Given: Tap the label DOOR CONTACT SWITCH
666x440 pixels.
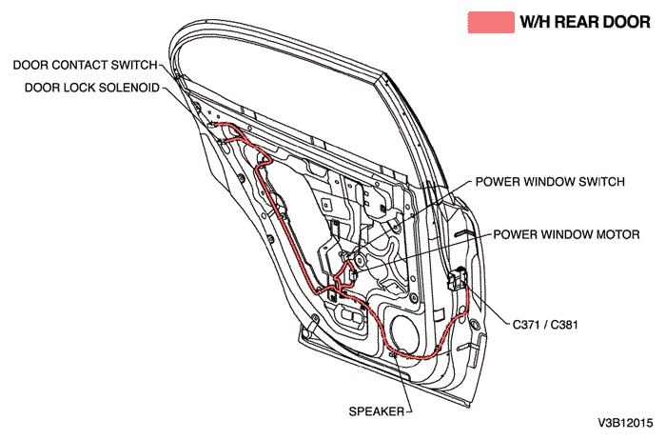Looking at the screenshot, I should tap(85, 66).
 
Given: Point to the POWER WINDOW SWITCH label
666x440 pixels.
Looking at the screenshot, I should tap(549, 182).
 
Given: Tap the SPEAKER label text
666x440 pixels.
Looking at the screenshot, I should tap(374, 411).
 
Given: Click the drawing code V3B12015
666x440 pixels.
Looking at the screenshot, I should tap(626, 421).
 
